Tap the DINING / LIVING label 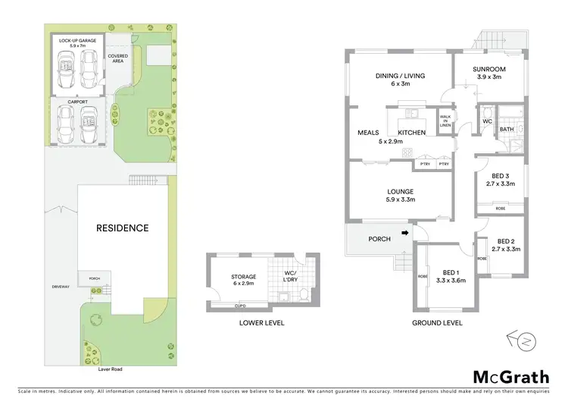(399, 75)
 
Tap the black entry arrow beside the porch (405, 233)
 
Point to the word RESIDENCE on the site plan (122, 228)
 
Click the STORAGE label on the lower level (244, 277)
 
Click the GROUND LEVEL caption (437, 322)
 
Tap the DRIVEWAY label (60, 287)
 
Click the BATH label (505, 129)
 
